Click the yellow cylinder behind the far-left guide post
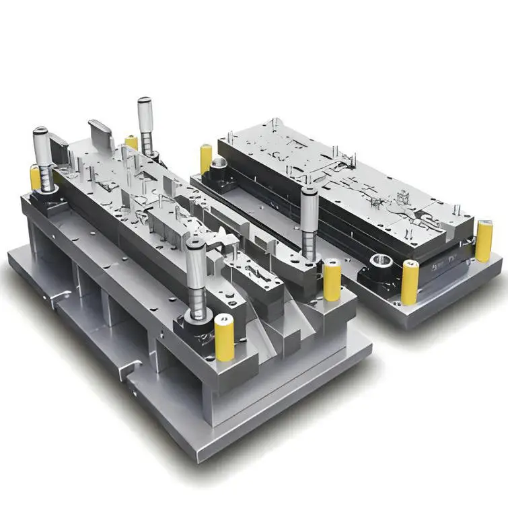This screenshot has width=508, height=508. point(36,178)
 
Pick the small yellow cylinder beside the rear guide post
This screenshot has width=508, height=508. point(132,143)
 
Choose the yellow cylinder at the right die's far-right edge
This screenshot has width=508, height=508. point(484,242)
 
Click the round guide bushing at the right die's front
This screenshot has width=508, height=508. point(379,262)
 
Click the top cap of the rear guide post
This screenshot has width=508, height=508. point(144,102)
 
